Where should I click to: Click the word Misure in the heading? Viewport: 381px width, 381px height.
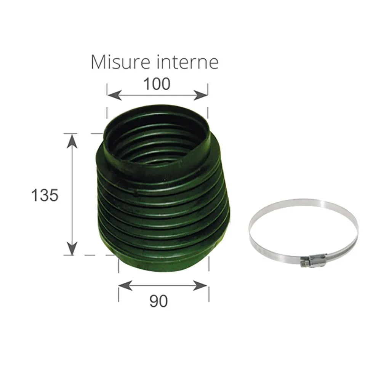tap(120, 62)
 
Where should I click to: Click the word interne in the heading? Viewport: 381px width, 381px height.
tap(187, 62)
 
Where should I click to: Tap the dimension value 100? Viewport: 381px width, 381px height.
tap(157, 84)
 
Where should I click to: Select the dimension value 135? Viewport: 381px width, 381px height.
tap(45, 195)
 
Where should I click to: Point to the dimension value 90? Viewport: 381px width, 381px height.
tap(158, 301)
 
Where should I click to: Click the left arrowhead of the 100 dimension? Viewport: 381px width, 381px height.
tap(114, 95)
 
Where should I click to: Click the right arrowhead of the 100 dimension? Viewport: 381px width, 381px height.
tap(201, 95)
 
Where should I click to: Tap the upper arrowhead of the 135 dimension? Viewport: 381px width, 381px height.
tap(72, 141)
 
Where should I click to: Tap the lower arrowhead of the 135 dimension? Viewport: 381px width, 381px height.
tap(72, 248)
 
